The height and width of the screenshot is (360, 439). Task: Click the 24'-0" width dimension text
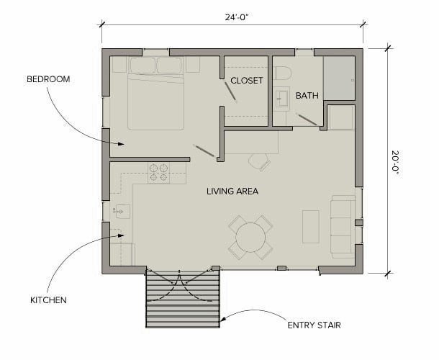click(x=237, y=17)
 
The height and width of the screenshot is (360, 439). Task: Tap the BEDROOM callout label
click(x=48, y=79)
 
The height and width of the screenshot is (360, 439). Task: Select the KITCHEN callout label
click(x=48, y=300)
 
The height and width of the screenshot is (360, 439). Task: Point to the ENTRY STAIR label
click(x=314, y=325)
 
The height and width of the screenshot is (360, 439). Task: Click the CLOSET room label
click(x=247, y=81)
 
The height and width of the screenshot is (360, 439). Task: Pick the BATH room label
click(x=307, y=96)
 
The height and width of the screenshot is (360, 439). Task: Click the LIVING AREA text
click(x=232, y=192)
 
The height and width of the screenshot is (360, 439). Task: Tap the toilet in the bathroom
click(x=284, y=73)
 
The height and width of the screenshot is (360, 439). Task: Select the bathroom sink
click(x=282, y=99)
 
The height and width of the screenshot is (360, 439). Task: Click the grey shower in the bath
click(x=340, y=78)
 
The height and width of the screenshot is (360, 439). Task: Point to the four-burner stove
click(x=158, y=173)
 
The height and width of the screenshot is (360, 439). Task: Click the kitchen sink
click(x=122, y=211)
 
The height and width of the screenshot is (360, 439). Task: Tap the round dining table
click(x=250, y=238)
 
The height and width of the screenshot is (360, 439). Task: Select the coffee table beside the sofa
click(x=311, y=227)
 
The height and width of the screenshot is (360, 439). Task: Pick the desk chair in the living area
click(x=260, y=162)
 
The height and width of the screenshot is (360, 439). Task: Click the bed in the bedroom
click(x=156, y=94)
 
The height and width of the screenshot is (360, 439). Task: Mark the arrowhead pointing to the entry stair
click(x=223, y=319)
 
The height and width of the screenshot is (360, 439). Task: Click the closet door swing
click(x=231, y=91)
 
